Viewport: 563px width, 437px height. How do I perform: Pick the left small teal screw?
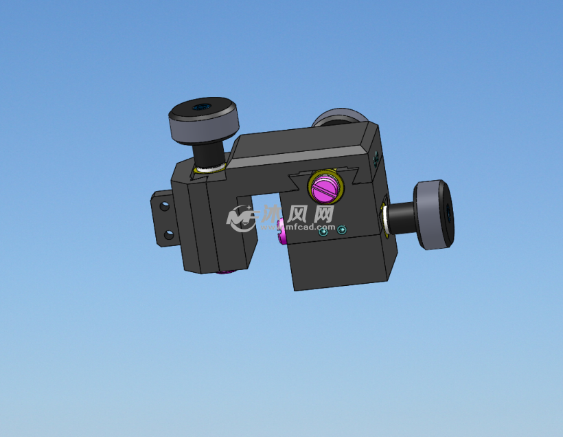pyautogui.click(x=324, y=233)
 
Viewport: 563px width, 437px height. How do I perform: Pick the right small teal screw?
pyautogui.click(x=343, y=229)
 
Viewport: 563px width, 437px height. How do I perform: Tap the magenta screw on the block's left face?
pyautogui.click(x=281, y=231)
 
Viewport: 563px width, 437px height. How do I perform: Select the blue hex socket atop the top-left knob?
pyautogui.click(x=202, y=107)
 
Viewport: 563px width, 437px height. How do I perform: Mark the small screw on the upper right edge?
pyautogui.click(x=376, y=159)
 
